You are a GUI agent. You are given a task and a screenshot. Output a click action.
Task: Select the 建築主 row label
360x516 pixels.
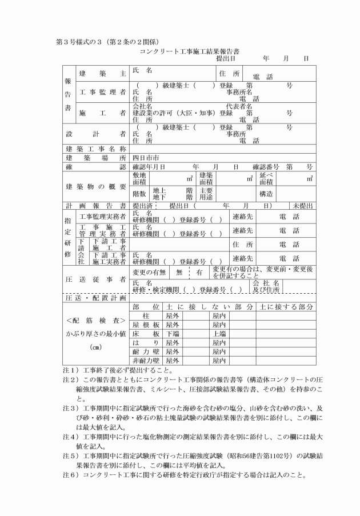coord(102,74)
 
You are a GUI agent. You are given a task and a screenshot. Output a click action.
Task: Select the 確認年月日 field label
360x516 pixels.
coord(149,167)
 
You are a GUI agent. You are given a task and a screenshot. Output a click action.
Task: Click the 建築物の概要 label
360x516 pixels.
coord(95,187)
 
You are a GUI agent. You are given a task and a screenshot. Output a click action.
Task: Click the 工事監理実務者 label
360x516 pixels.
coord(102,217)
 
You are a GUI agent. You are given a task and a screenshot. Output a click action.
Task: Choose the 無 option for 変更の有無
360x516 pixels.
coord(179,274)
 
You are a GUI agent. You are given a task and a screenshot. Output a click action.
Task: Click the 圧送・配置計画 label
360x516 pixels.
coord(95,298)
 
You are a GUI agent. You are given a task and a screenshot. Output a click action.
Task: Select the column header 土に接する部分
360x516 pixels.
coord(286,307)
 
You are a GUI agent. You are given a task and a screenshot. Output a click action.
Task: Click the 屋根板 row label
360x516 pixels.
coord(146,325)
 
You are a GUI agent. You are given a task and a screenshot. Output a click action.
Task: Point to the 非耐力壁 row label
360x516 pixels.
coord(146,361)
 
